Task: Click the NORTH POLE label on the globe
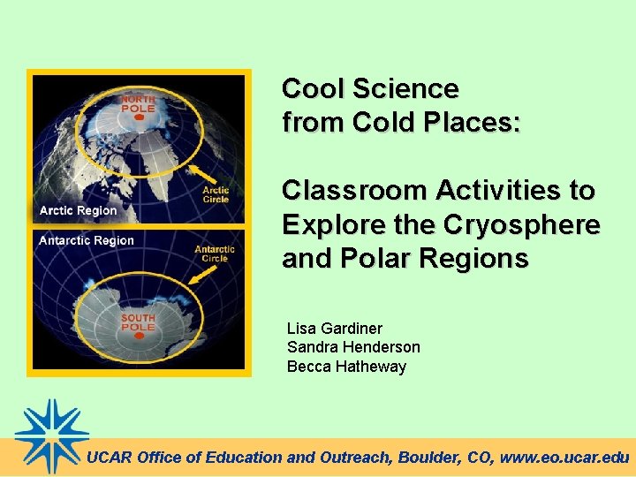[x=138, y=105]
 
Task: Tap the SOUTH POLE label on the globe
[x=138, y=322]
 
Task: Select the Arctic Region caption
[x=78, y=210]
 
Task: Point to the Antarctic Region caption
[x=87, y=240]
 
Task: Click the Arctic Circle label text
[x=216, y=194]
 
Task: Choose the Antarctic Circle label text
[x=215, y=254]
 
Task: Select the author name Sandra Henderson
[x=353, y=347]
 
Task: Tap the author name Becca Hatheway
[x=346, y=366]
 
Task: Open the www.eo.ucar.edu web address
[x=564, y=458]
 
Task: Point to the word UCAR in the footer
[x=110, y=458]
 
